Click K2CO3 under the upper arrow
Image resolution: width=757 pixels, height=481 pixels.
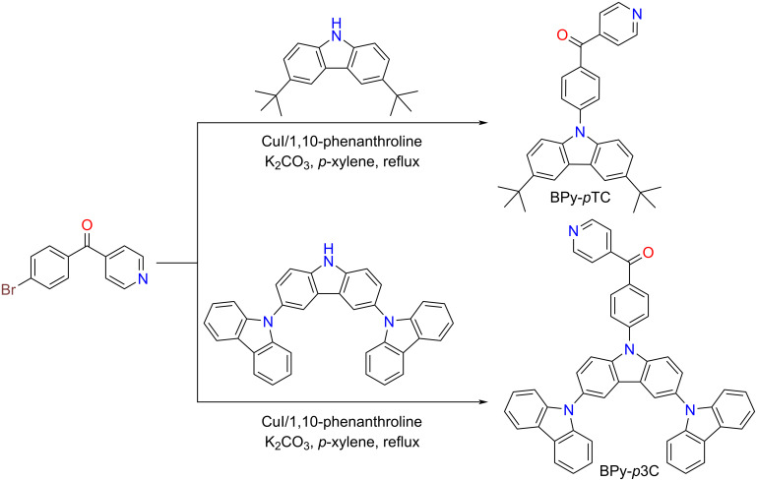point(259,160)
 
